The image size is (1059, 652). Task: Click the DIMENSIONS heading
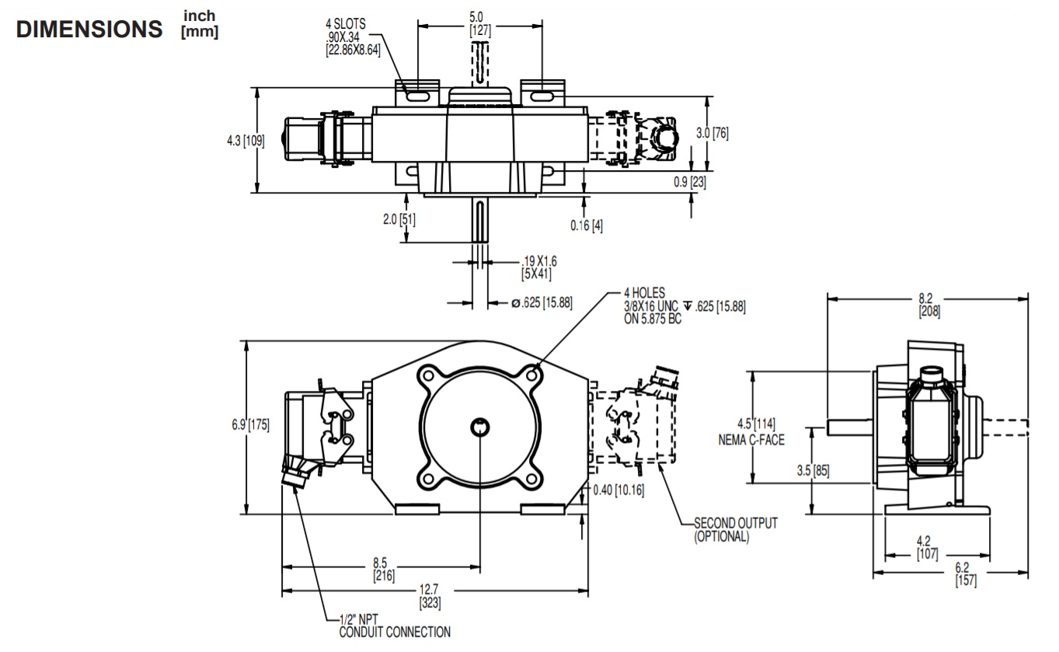click(90, 30)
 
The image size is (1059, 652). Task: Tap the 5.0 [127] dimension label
click(480, 24)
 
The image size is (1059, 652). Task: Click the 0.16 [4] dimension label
click(587, 226)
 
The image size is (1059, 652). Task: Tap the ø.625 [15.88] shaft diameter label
click(542, 302)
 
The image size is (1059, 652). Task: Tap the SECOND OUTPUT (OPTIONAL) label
click(734, 529)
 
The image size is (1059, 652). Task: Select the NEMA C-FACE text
click(751, 440)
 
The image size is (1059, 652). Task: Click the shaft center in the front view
click(480, 426)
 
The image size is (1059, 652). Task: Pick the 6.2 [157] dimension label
click(965, 574)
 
